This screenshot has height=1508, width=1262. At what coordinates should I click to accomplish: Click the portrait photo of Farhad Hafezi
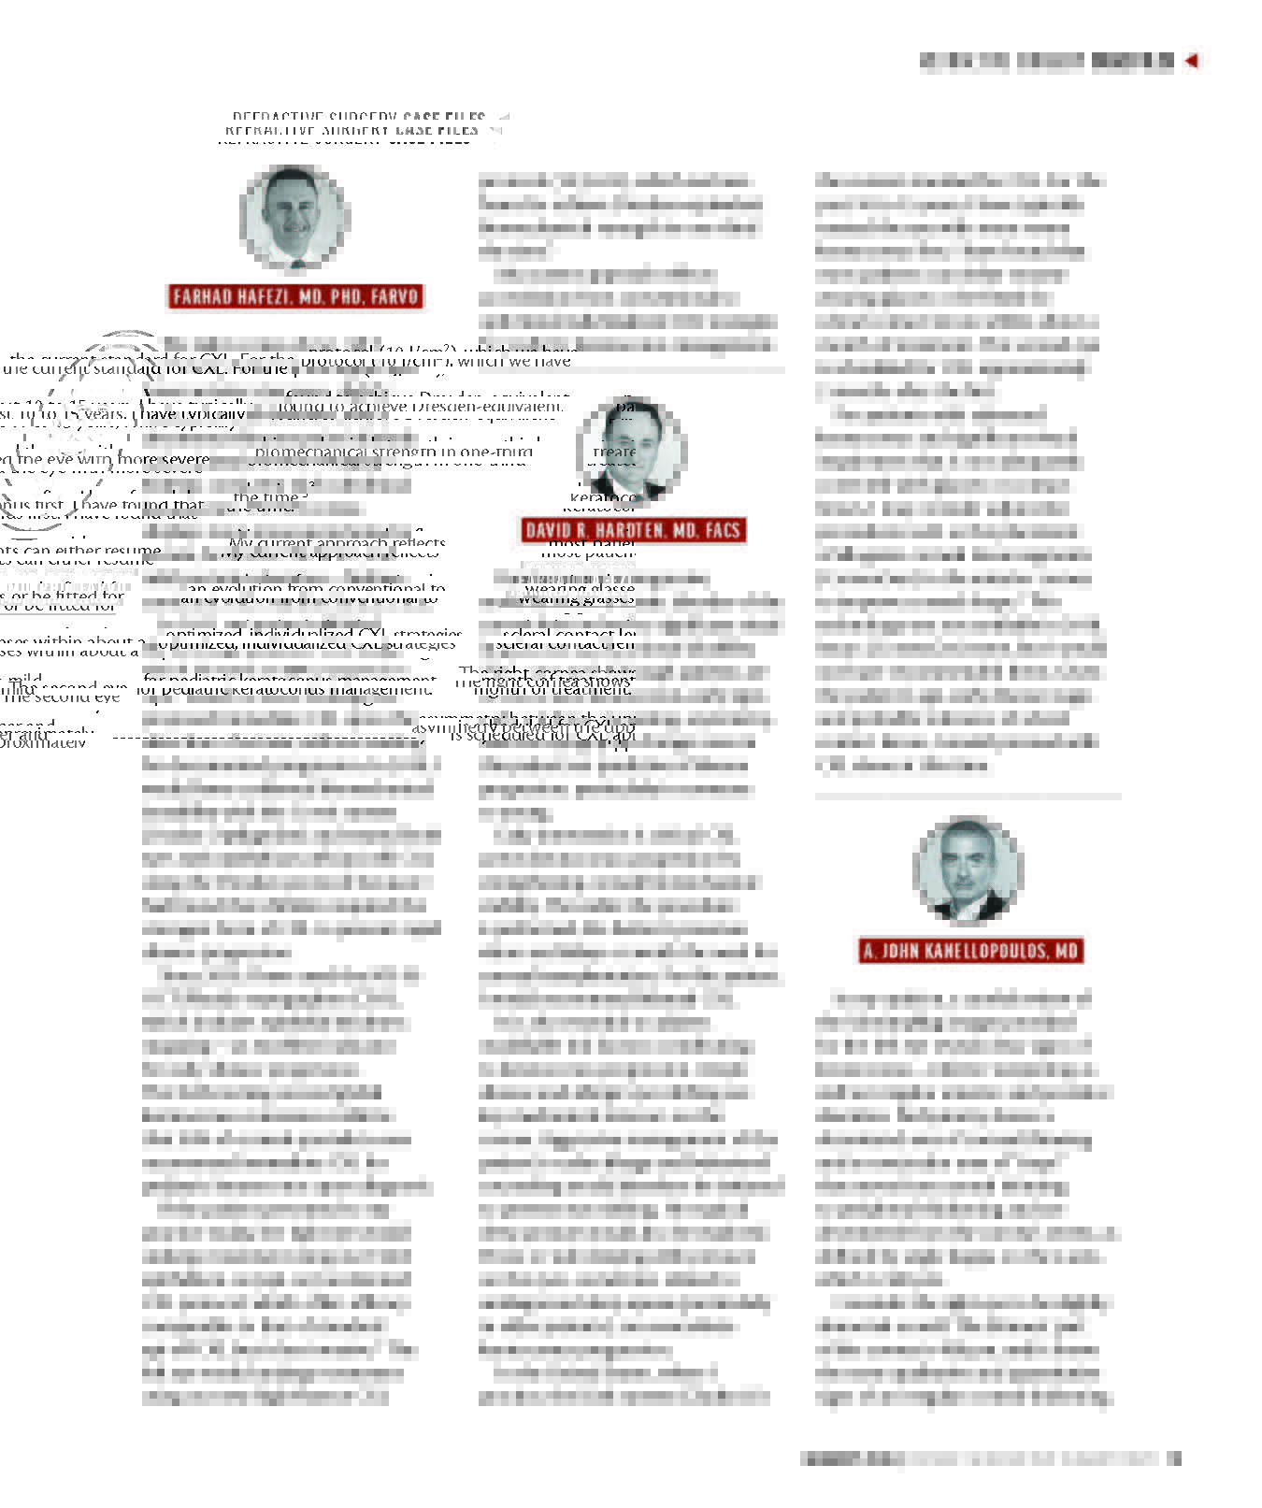[x=294, y=217]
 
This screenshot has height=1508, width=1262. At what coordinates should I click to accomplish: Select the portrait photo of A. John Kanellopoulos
[x=968, y=869]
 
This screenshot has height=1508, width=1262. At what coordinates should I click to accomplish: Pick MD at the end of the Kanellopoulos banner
[x=1067, y=952]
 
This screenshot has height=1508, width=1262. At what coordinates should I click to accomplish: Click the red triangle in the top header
[x=1191, y=61]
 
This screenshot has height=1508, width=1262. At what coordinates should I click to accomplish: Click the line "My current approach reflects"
[x=337, y=544]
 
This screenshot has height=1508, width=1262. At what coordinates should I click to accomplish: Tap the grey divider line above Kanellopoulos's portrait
[x=968, y=797]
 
